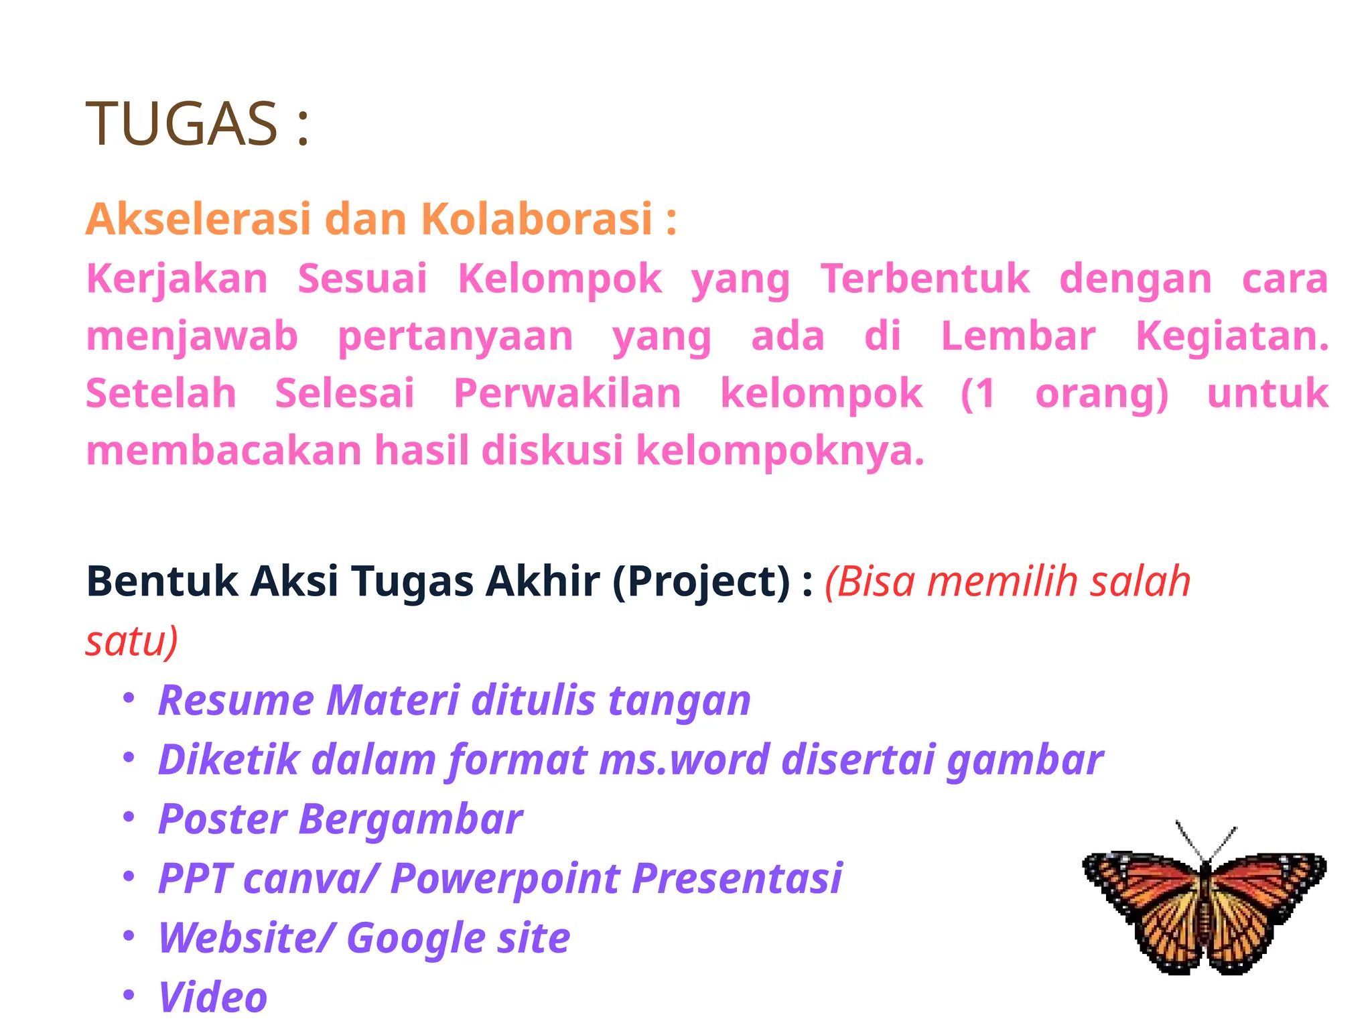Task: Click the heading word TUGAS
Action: point(182,123)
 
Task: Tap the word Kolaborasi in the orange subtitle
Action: point(536,219)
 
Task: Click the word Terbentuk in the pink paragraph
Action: point(925,279)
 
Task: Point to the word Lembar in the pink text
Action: point(1018,336)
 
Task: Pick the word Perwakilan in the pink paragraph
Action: point(567,393)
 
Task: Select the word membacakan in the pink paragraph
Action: point(224,450)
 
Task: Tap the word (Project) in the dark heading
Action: point(701,581)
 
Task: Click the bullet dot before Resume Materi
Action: point(129,697)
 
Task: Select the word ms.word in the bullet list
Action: point(684,760)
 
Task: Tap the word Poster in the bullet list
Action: point(223,819)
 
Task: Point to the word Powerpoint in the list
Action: point(504,878)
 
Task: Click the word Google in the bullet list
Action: point(415,938)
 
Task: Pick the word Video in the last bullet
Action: point(213,997)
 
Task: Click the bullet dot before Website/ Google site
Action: point(129,935)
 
